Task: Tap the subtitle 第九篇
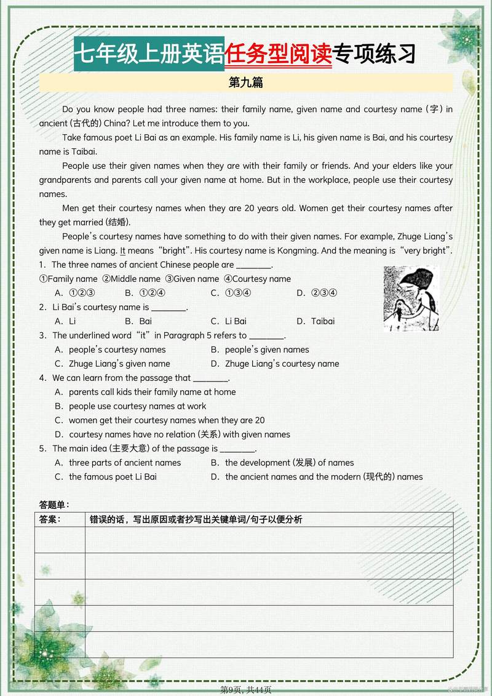click(x=246, y=82)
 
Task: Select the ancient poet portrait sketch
click(x=411, y=298)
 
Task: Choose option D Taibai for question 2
click(x=322, y=321)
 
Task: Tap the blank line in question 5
click(x=237, y=449)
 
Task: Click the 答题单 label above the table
click(x=54, y=505)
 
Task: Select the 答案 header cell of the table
click(x=50, y=519)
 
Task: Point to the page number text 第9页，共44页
click(x=246, y=690)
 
